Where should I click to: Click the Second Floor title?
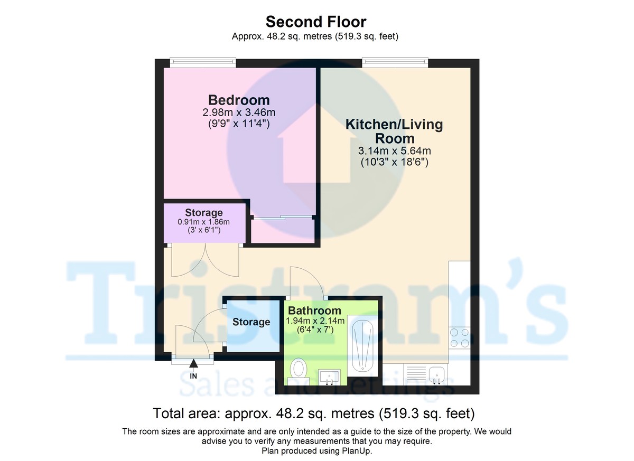[316, 22]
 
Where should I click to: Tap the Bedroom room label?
[239, 100]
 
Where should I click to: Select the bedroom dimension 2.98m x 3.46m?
[239, 112]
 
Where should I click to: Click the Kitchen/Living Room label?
[394, 131]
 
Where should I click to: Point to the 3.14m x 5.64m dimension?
[395, 150]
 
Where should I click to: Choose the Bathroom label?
[314, 311]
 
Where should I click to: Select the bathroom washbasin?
[329, 377]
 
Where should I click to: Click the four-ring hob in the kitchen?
[460, 337]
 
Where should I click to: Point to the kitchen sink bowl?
[437, 374]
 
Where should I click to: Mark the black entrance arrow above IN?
[193, 363]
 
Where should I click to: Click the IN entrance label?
[193, 376]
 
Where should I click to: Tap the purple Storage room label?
[204, 212]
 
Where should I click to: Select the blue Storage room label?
[251, 322]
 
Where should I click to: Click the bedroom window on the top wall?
[203, 62]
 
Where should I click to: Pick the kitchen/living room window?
[395, 62]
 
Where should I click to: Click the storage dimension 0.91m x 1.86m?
[204, 222]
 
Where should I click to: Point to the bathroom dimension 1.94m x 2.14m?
[315, 321]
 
